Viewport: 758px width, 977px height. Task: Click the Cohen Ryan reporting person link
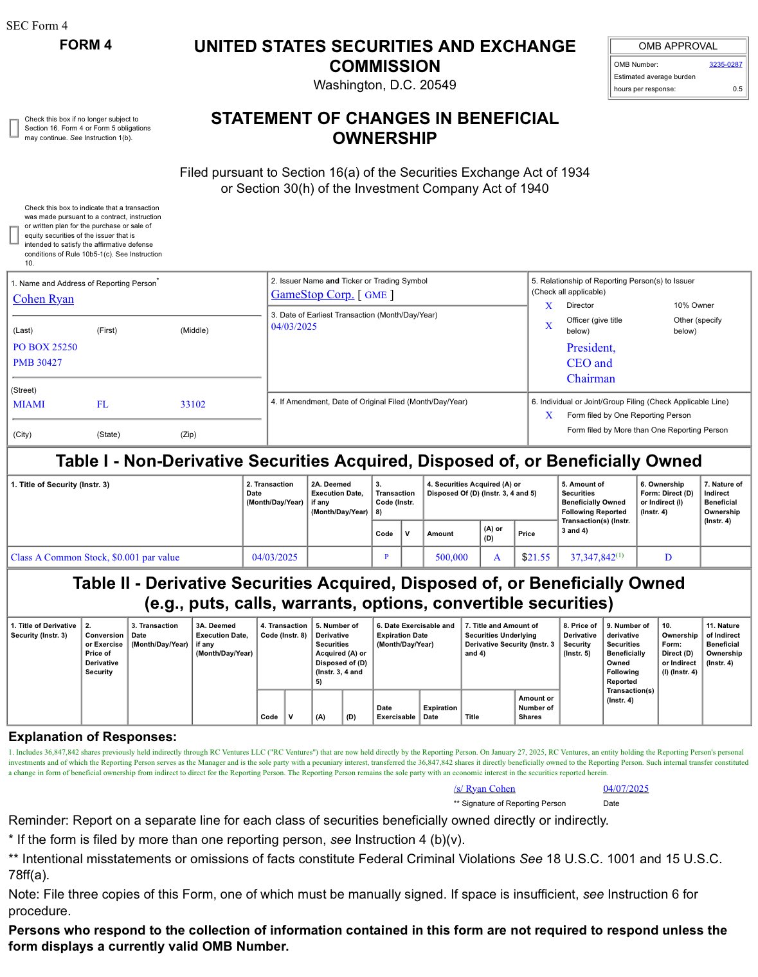tap(43, 299)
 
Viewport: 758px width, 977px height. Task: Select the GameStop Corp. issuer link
tap(312, 294)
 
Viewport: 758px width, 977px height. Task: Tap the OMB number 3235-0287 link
tap(725, 64)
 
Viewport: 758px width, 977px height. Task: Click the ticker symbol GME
tap(375, 295)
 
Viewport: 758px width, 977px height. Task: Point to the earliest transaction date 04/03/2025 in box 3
tap(294, 327)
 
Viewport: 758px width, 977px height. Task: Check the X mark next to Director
tap(548, 306)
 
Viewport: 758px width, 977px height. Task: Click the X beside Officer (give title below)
tap(548, 326)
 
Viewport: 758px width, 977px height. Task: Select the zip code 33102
tap(193, 404)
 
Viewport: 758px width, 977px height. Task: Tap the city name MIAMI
tap(29, 404)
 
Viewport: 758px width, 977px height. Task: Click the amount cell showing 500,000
tap(451, 557)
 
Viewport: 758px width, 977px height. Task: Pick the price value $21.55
tap(536, 557)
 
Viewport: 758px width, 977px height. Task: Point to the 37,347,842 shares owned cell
tap(593, 557)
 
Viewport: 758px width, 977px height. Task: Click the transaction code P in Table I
tap(386, 557)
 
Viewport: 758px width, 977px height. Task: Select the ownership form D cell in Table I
tap(668, 557)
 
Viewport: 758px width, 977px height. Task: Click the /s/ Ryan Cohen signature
tap(484, 789)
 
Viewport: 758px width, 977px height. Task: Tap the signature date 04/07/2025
tap(626, 789)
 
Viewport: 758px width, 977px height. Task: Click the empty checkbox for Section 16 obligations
tap(14, 129)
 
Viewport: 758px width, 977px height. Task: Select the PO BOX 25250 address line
tap(45, 347)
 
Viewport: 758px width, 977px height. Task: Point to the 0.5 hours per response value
tap(737, 89)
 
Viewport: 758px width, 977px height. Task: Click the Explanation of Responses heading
tap(92, 737)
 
